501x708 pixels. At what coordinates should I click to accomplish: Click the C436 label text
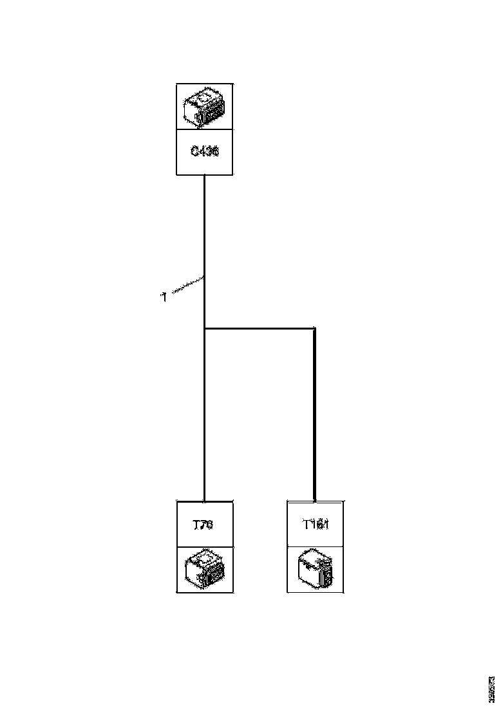coord(205,152)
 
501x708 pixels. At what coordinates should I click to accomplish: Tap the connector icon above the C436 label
coord(205,106)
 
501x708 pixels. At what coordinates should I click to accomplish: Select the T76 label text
coord(203,525)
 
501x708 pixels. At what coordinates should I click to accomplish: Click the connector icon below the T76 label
coord(205,570)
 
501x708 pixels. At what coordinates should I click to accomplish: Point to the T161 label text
coord(316,525)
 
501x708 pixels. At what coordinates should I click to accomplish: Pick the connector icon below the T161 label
coord(316,570)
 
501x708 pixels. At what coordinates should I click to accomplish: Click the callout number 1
coord(164,297)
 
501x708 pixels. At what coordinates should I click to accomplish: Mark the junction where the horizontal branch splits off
coord(205,329)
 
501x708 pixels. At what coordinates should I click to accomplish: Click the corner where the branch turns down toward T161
coord(315,329)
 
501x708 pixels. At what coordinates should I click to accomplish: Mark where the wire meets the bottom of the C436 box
coord(205,175)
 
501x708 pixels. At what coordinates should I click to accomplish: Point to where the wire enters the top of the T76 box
coord(205,501)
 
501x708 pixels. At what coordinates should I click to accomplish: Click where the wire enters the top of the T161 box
coord(315,501)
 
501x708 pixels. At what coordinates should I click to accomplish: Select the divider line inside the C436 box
coord(205,129)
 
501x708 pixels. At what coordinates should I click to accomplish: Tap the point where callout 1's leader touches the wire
coord(205,277)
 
